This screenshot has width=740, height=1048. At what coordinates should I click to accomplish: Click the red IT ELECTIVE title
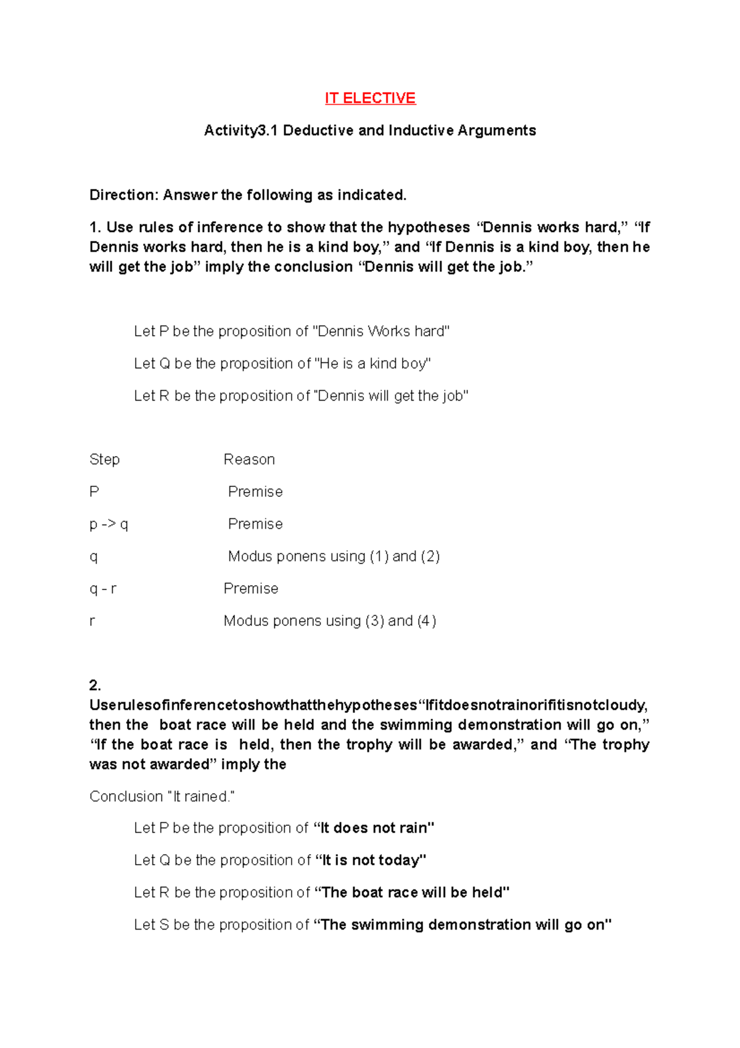(x=370, y=98)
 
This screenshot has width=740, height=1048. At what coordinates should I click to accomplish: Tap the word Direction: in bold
(x=124, y=195)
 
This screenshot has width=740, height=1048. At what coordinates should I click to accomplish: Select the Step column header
(x=104, y=459)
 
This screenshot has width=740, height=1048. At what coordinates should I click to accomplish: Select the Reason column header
(x=249, y=459)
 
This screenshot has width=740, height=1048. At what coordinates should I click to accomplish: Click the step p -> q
(x=109, y=524)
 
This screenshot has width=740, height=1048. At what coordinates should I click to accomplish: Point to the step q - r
(x=103, y=589)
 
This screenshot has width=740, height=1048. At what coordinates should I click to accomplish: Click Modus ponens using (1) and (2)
(x=334, y=556)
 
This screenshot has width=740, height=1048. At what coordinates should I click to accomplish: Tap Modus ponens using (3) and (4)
(x=330, y=621)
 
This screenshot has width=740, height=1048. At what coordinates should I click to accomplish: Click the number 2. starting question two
(x=95, y=685)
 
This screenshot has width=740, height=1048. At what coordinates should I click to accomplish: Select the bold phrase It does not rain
(x=374, y=828)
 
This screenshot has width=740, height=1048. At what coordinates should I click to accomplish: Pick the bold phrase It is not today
(x=371, y=860)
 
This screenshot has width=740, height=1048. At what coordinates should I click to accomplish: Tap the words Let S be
(x=160, y=925)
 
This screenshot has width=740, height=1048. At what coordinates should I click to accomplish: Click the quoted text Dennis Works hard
(x=382, y=331)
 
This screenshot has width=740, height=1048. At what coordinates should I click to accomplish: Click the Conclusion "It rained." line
(x=162, y=796)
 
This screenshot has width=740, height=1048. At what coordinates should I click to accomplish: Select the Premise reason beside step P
(x=255, y=492)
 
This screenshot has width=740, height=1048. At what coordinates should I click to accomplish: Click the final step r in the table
(x=92, y=621)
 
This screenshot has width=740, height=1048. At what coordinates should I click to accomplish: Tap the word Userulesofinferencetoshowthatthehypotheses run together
(x=253, y=705)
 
